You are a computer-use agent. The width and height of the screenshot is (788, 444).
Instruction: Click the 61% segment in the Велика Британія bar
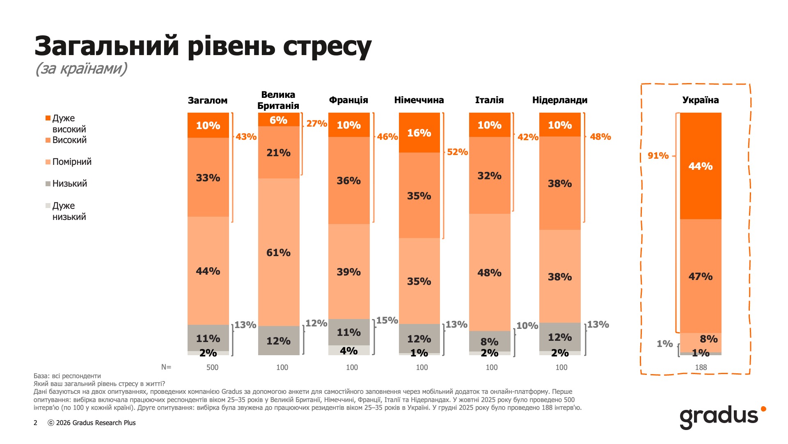coord(278,252)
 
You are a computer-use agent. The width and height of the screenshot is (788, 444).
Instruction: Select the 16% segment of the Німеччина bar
coord(419,133)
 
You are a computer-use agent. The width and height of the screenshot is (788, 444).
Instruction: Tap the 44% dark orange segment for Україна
coord(700,166)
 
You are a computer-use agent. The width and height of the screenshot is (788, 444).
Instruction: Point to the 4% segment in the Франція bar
coord(349,351)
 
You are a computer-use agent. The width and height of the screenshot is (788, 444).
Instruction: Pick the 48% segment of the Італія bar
coord(489,273)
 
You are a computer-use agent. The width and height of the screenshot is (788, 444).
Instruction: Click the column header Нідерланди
coord(559,100)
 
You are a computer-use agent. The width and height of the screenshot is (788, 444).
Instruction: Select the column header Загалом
coord(208,100)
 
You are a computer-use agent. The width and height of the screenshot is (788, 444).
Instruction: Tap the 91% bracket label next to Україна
coord(658,155)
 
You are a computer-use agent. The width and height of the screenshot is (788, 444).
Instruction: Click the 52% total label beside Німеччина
coord(457,152)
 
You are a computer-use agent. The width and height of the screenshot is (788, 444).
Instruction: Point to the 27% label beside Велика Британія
coord(316,123)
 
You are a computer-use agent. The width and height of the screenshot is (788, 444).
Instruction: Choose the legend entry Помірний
coord(72,162)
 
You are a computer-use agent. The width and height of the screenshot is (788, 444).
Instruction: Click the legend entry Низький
coord(69,183)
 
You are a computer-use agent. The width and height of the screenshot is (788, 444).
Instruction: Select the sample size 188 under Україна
coord(701,367)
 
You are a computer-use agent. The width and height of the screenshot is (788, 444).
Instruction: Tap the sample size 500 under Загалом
coord(212,367)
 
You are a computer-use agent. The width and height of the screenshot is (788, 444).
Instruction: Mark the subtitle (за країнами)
coord(81,68)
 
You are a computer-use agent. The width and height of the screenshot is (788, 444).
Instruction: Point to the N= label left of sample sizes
coord(166,367)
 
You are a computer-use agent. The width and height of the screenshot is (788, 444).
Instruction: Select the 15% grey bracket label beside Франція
coord(387,320)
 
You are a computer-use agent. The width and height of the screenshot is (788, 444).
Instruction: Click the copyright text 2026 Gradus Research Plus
coord(95,423)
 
